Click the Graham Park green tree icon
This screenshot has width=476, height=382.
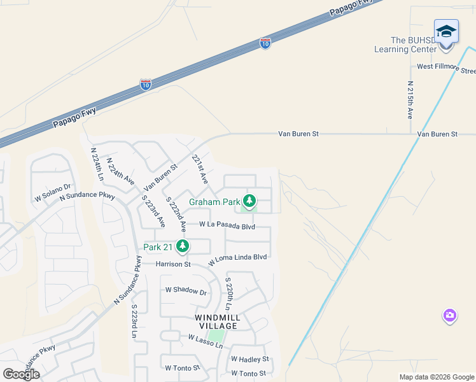click(249, 202)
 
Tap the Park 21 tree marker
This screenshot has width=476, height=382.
click(183, 246)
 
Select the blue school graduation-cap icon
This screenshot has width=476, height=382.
click(446, 31)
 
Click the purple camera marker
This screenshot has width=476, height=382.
click(450, 315)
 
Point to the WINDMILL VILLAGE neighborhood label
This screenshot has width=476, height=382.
click(216, 321)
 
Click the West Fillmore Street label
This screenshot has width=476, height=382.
click(446, 67)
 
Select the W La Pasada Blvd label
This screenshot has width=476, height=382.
click(227, 225)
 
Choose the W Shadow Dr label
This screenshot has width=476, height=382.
click(186, 292)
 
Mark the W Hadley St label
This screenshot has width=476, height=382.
click(249, 359)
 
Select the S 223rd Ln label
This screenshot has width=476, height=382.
click(135, 322)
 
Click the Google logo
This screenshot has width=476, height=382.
click(21, 374)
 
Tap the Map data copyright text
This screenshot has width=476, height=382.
click(436, 377)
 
